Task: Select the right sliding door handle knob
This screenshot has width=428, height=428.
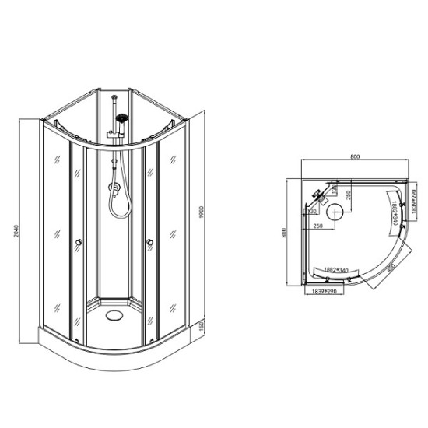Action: click(147, 247)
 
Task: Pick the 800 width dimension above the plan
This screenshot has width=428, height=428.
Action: click(356, 157)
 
